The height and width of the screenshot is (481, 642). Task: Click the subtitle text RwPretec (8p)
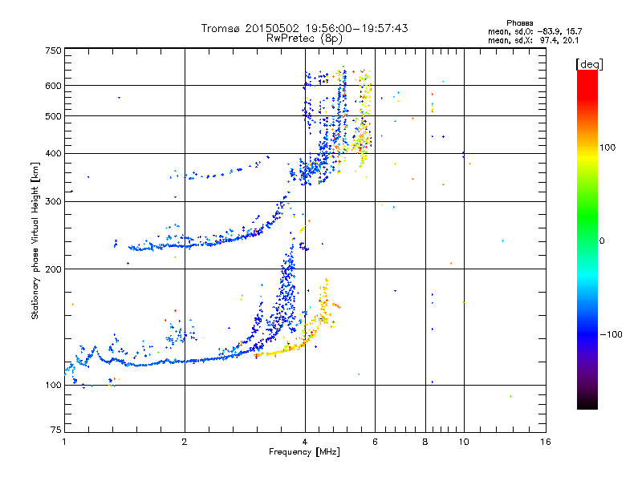[x=304, y=38]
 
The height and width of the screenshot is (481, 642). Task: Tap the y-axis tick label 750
[x=53, y=51]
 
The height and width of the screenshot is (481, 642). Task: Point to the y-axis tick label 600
[x=53, y=86]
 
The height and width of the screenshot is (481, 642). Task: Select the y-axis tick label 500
[x=53, y=116]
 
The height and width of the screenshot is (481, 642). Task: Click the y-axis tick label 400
[x=53, y=153]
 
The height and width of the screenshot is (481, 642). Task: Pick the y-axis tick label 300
[x=53, y=201]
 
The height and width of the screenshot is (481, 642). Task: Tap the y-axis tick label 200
[x=53, y=269]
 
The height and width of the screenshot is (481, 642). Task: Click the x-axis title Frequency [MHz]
[x=304, y=453]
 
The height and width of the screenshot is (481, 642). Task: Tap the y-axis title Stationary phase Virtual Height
[x=35, y=240]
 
